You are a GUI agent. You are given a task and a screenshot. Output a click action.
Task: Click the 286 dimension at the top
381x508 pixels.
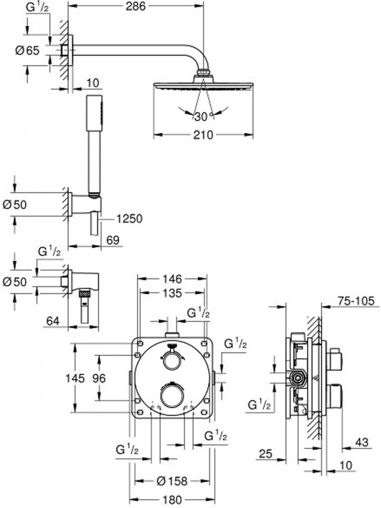tap(136, 6)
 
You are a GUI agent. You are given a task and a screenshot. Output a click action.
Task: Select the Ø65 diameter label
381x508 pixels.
tap(27, 50)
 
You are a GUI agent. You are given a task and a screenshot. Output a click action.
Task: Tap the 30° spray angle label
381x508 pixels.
tap(203, 116)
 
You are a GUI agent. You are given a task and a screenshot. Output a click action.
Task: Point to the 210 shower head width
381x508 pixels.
tap(203, 134)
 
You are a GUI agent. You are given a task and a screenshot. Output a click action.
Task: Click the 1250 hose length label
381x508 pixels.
tap(129, 219)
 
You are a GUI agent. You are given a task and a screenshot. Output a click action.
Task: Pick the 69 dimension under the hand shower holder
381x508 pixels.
tap(113, 240)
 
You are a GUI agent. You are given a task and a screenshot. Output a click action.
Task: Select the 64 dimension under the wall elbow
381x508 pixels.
tap(53, 321)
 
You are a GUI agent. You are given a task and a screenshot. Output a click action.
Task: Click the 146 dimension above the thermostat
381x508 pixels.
tap(172, 279)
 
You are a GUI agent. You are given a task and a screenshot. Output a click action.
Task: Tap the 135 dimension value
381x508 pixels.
tap(172, 293)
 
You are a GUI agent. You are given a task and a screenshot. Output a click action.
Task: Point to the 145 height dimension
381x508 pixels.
tap(75, 378)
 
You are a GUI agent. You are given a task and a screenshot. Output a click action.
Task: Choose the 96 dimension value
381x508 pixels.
tap(99, 378)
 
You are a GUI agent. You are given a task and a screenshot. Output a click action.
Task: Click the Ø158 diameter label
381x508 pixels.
tap(172, 481)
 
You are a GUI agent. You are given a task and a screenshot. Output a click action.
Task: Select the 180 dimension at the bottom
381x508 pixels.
tap(172, 500)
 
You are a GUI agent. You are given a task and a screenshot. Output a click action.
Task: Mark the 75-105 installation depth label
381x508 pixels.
tap(356, 301)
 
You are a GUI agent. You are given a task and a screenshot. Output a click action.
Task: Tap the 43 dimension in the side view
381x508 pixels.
tap(362, 442)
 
